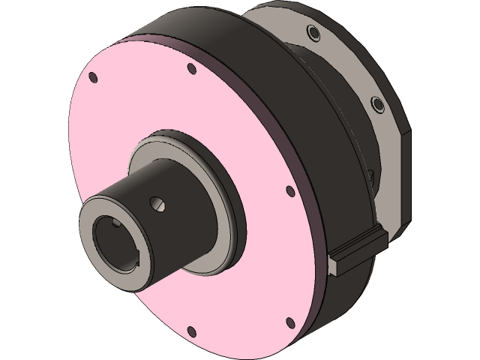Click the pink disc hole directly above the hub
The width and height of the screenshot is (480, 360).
click(191, 69)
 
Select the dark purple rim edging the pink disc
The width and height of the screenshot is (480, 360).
click(316, 225)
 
